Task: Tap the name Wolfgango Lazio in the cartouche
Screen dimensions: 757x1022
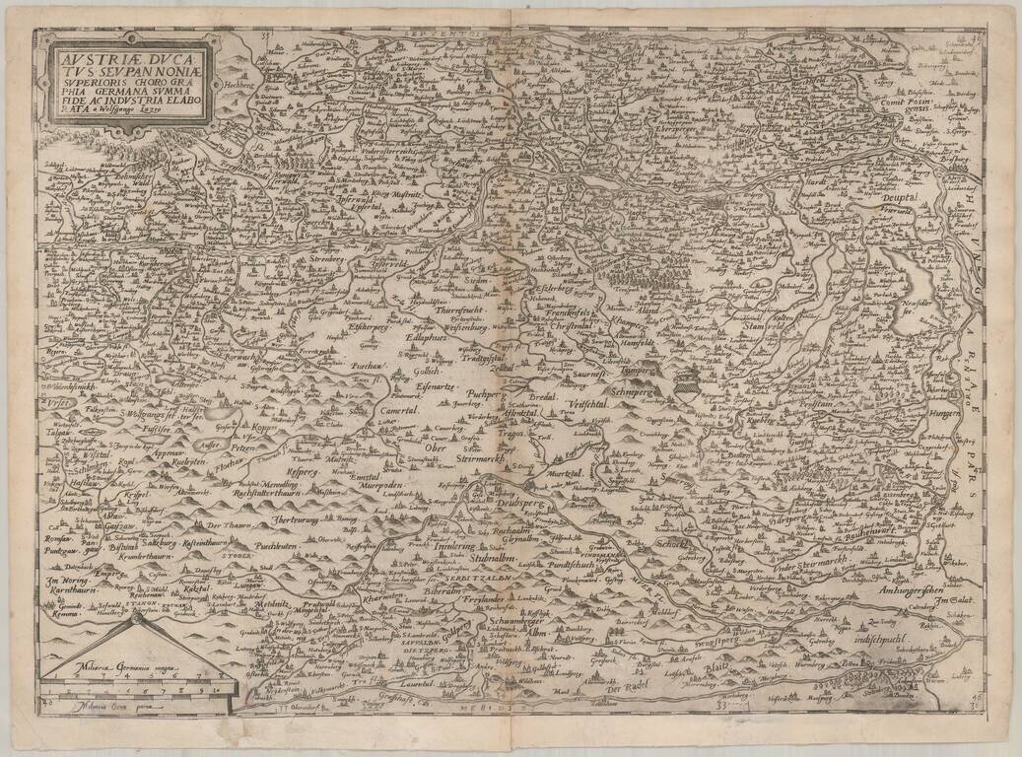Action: (153, 111)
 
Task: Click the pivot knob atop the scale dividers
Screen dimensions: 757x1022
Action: (133, 619)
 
